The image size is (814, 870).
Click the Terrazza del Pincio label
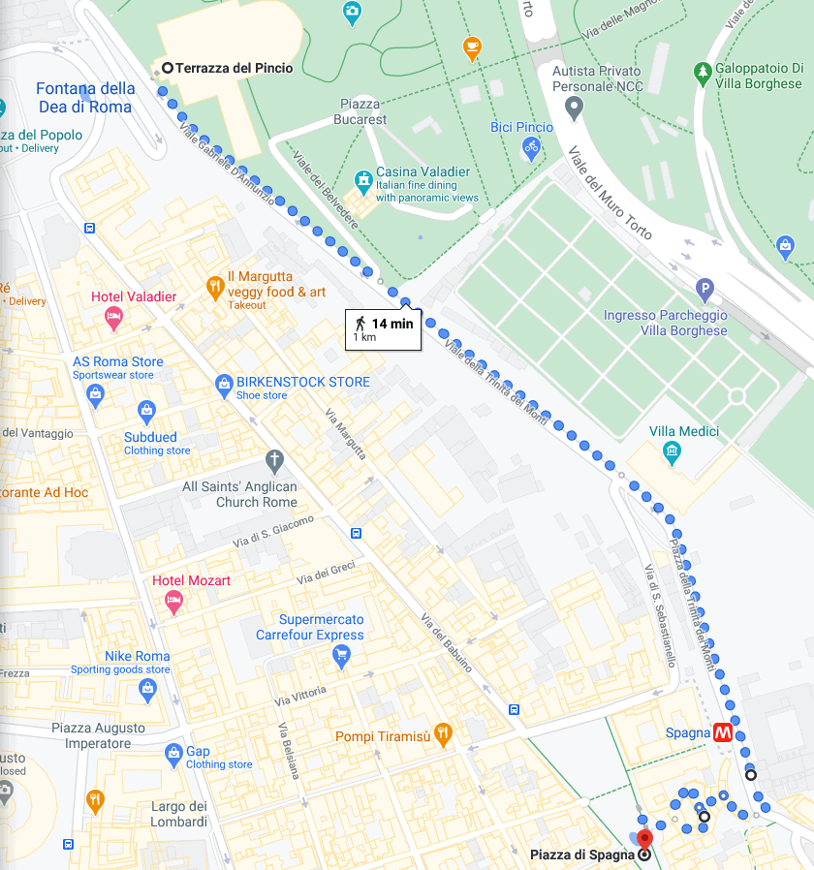(x=234, y=68)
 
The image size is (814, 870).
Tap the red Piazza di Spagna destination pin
(x=645, y=838)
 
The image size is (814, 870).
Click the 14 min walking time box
(x=385, y=329)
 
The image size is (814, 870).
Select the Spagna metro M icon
(x=723, y=733)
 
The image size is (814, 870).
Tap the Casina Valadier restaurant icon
(x=362, y=180)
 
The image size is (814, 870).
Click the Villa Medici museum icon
(x=671, y=452)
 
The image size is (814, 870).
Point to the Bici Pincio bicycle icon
(x=530, y=147)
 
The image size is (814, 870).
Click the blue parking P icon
(x=705, y=288)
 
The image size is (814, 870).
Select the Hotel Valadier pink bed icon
(x=114, y=316)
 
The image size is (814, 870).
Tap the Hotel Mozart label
(x=192, y=580)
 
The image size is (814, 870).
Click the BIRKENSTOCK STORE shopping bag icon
(x=224, y=383)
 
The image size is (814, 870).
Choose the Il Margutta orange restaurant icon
(x=214, y=287)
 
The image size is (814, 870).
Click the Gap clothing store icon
(x=173, y=752)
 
